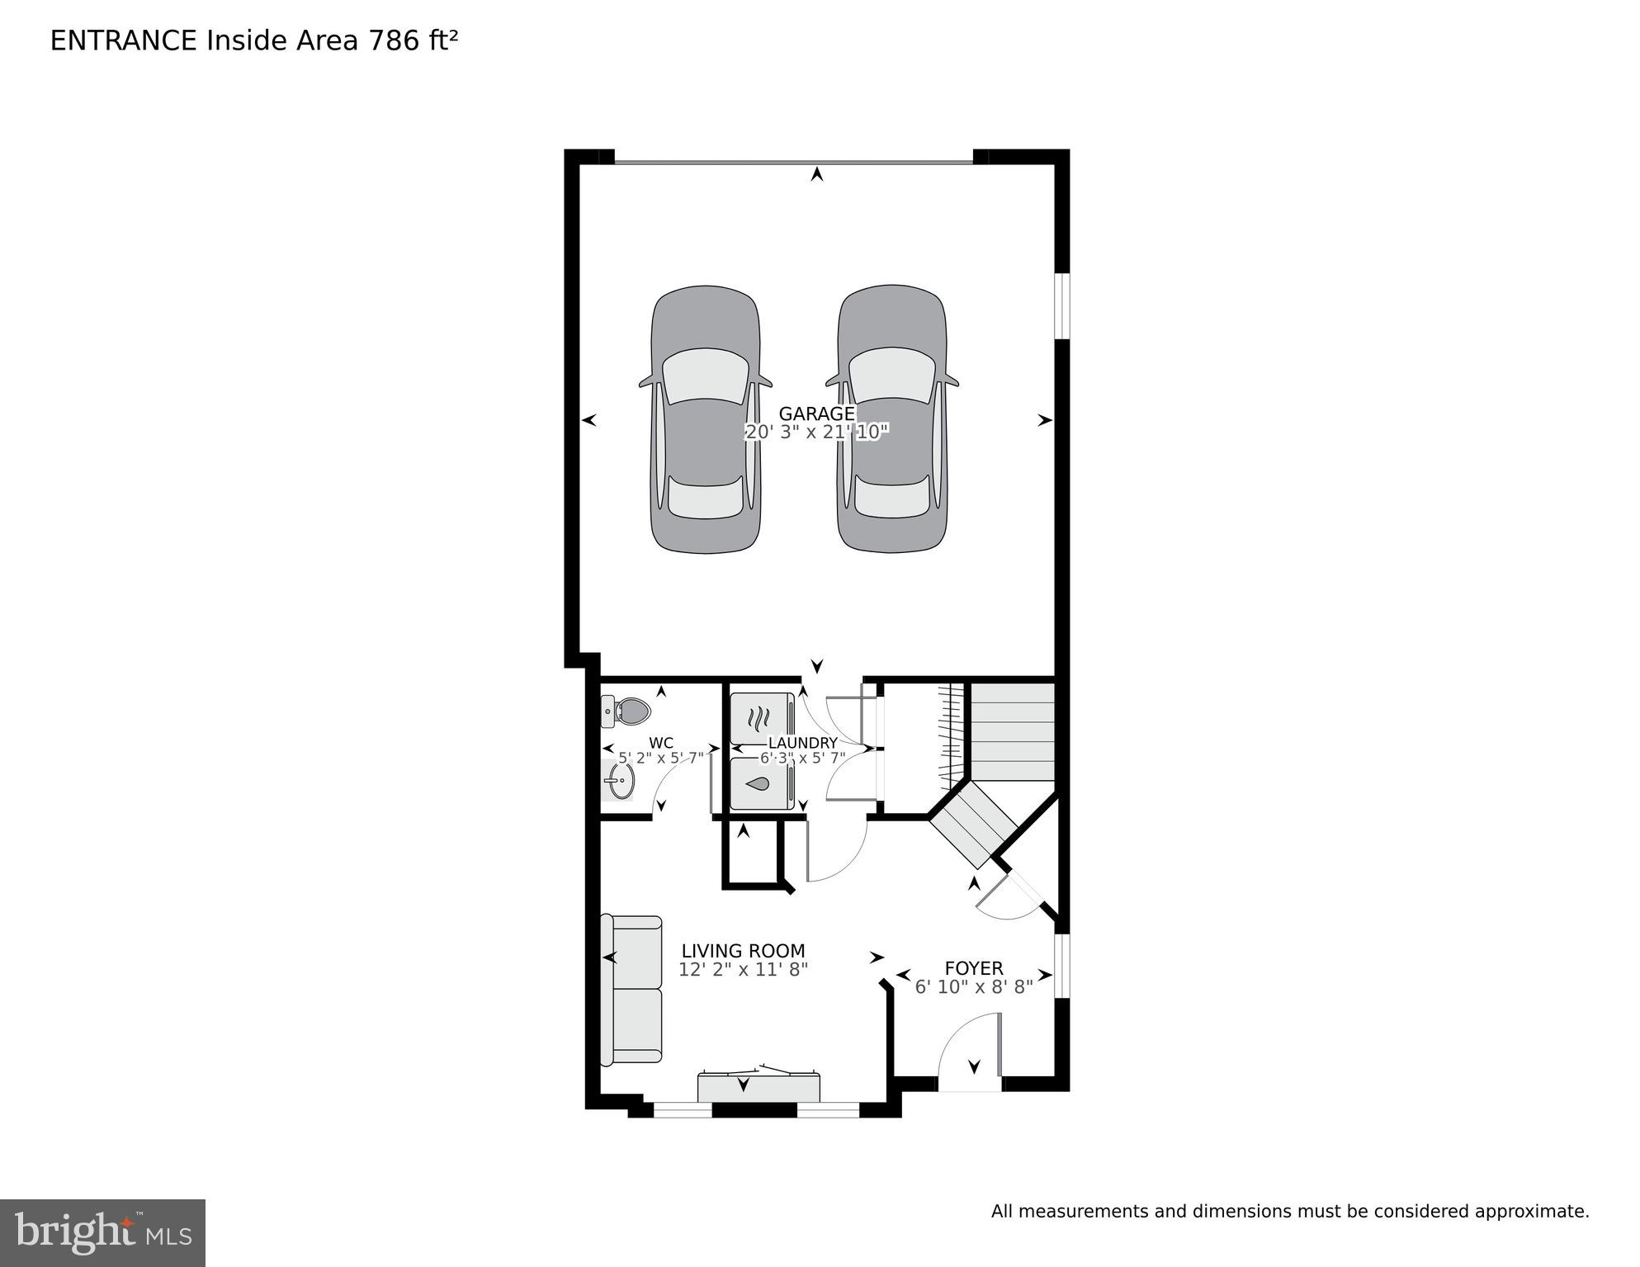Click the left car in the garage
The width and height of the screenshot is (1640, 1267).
[x=706, y=421]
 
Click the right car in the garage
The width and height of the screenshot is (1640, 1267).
[x=892, y=421]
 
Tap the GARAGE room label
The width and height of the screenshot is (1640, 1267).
[x=816, y=414]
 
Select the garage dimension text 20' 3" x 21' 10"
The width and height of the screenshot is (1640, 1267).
[x=816, y=433]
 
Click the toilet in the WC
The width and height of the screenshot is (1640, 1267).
[x=627, y=711]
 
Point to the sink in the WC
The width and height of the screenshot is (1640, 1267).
[x=618, y=778]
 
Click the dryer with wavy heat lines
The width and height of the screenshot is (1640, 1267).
[x=760, y=718]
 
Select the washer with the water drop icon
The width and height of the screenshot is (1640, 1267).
[x=760, y=783]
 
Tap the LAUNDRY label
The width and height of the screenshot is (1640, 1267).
[x=802, y=743]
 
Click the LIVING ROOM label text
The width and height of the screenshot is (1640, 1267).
[x=743, y=951]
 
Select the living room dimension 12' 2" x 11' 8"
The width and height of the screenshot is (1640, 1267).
[x=743, y=970]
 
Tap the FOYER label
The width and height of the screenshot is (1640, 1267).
[x=974, y=968]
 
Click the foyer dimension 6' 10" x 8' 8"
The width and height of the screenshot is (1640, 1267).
[x=974, y=987]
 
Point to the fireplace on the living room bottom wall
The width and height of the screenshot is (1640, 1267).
[x=759, y=1086]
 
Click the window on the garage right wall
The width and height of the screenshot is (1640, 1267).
[x=1063, y=305]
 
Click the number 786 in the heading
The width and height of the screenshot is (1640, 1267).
[x=394, y=40]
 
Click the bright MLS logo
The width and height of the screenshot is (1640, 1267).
[x=102, y=1233]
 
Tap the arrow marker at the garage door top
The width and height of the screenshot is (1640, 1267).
[x=817, y=174]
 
